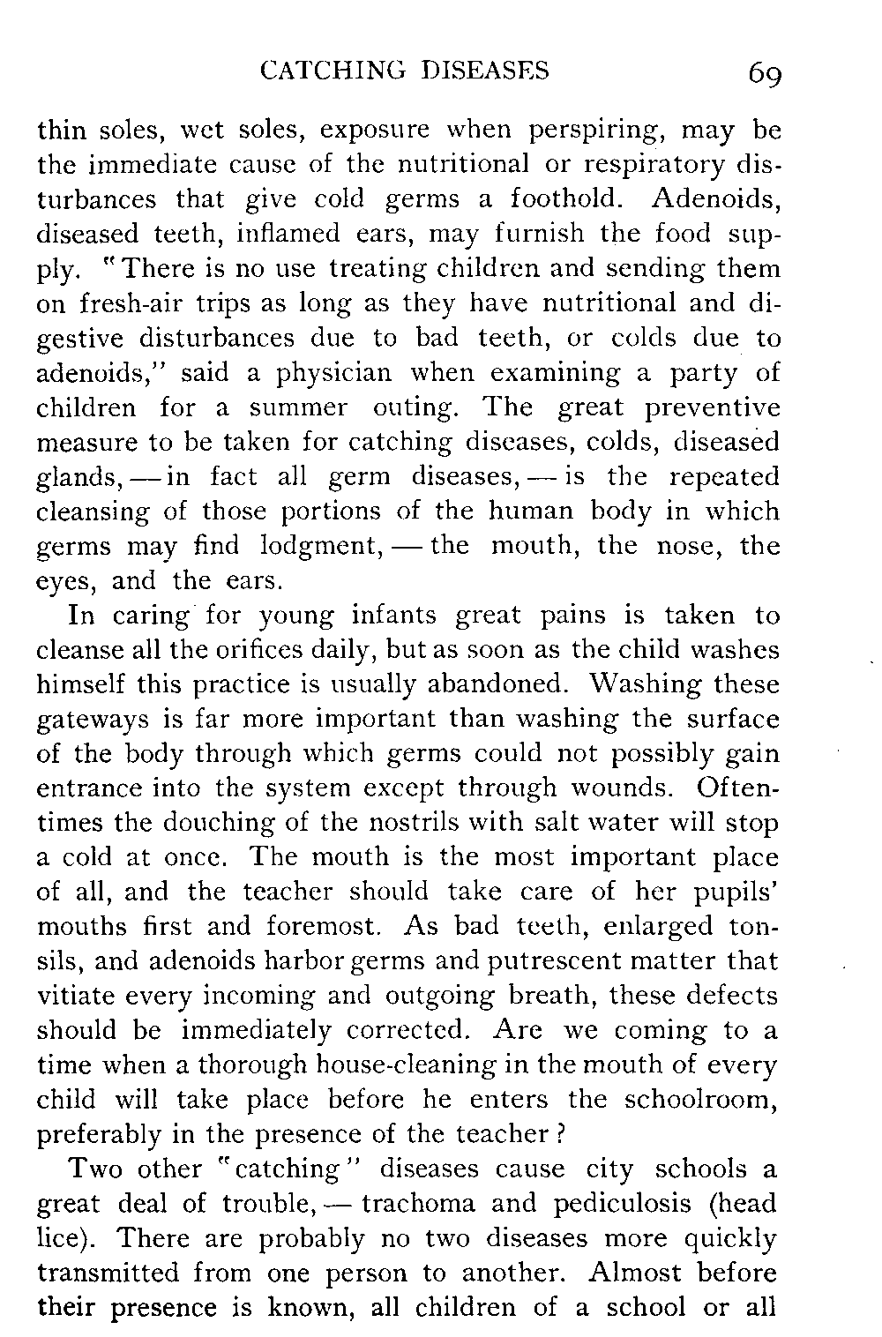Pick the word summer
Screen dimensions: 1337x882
coord(300,408)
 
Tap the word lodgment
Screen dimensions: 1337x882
coord(314,547)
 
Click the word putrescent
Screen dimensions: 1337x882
coord(521,961)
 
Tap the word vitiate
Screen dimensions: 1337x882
coord(78,996)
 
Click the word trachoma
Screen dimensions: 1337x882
coord(419,1204)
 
